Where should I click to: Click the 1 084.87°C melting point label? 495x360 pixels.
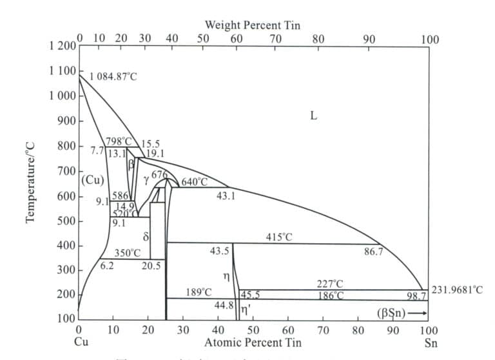(113, 77)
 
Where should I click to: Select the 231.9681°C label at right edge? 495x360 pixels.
(456, 290)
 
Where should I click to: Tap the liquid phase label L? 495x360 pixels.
(313, 117)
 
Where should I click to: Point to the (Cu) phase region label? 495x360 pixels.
(93, 179)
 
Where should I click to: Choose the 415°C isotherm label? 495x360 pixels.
(278, 237)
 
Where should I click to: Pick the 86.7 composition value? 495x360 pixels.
(373, 252)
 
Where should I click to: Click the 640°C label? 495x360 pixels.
(195, 182)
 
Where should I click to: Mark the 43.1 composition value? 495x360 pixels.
(226, 195)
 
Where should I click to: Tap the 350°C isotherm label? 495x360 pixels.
(128, 253)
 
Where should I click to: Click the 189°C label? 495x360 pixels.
(199, 292)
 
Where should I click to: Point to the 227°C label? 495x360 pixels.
(330, 284)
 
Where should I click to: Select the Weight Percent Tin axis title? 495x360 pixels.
(252, 25)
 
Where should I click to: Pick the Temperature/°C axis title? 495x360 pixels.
(30, 184)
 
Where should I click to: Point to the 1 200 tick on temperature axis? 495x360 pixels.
(62, 46)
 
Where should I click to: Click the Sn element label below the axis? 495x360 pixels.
(431, 343)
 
